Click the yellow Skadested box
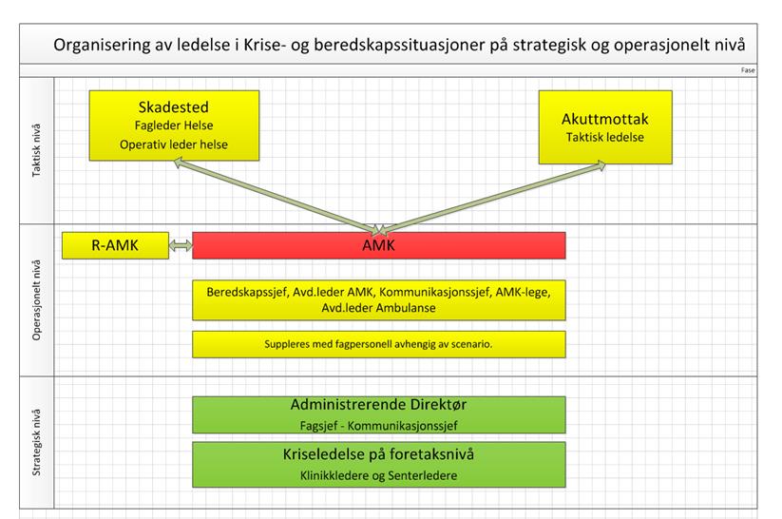click(x=174, y=125)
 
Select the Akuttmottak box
click(x=605, y=127)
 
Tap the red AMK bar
click(x=379, y=245)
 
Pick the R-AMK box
click(x=115, y=245)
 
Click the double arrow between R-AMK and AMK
click(x=181, y=245)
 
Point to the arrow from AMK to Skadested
click(x=277, y=196)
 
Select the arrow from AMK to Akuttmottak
click(x=493, y=198)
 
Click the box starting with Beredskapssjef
click(x=379, y=300)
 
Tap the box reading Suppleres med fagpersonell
click(x=379, y=344)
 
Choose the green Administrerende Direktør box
click(x=379, y=414)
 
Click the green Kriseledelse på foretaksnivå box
click(x=379, y=465)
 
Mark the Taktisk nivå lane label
click(x=36, y=150)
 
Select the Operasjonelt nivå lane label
click(x=36, y=300)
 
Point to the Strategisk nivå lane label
click(x=36, y=442)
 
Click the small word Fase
click(x=748, y=70)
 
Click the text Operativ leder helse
click(x=174, y=144)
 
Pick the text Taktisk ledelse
click(x=605, y=137)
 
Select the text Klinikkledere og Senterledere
click(x=378, y=475)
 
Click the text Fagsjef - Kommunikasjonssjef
click(x=378, y=426)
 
